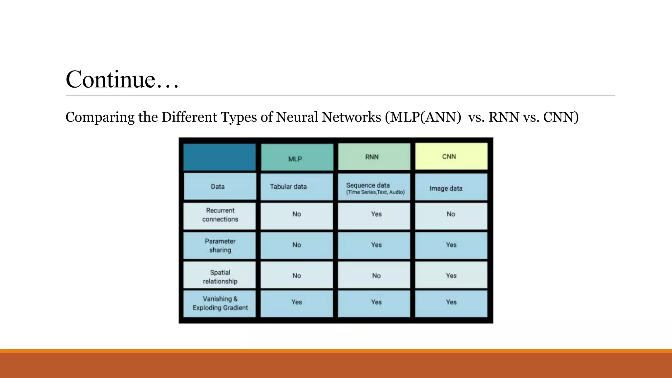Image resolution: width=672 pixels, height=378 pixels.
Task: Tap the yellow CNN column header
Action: pyautogui.click(x=451, y=157)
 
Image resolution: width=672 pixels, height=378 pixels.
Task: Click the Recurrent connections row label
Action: pyautogui.click(x=220, y=215)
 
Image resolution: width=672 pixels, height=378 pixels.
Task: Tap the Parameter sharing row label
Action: pyautogui.click(x=220, y=245)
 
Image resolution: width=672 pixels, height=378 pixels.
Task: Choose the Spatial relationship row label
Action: pyautogui.click(x=220, y=276)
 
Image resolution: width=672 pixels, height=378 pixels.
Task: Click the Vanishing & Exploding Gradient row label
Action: pyautogui.click(x=220, y=303)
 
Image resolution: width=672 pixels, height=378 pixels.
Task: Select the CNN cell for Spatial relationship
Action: pyautogui.click(x=451, y=276)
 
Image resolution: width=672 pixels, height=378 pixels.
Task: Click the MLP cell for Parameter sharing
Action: pyautogui.click(x=297, y=245)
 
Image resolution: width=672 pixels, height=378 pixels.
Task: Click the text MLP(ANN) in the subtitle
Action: pyautogui.click(x=424, y=117)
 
